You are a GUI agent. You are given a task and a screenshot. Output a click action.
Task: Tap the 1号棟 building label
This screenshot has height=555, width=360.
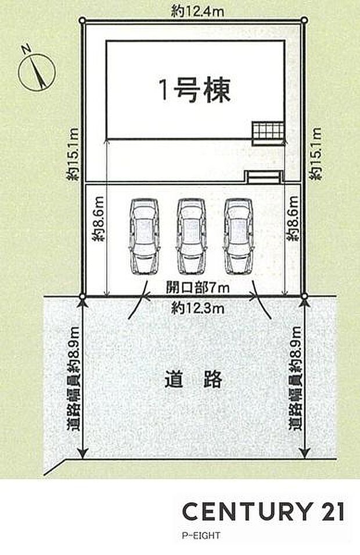click(x=195, y=90)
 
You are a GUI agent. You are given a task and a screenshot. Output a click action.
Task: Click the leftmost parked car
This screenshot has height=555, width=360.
click(x=144, y=236)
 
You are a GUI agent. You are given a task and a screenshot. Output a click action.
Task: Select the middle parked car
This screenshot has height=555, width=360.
click(x=192, y=236)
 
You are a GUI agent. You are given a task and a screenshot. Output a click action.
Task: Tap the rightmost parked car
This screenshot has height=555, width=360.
click(x=240, y=236)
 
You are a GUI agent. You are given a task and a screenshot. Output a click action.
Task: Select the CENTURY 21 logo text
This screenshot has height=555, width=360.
click(x=264, y=511)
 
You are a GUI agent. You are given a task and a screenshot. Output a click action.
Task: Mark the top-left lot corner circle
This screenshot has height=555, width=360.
click(x=82, y=21)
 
